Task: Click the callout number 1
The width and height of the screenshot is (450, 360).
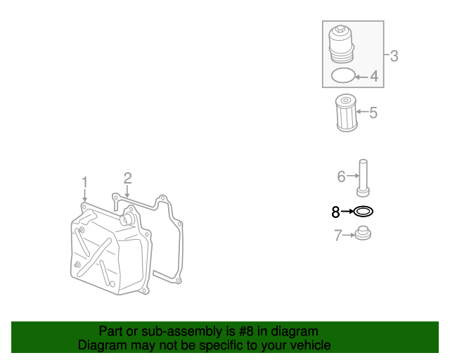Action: click(84, 182)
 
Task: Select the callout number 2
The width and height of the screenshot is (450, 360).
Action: click(128, 179)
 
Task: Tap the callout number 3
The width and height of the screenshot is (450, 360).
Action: click(394, 56)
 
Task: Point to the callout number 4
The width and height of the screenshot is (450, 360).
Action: click(374, 77)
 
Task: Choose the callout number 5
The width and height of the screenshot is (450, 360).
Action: click(373, 112)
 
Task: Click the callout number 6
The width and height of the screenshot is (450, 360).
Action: click(341, 176)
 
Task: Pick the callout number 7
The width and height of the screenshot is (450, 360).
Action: click(338, 235)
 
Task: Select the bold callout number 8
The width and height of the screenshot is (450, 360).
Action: click(335, 212)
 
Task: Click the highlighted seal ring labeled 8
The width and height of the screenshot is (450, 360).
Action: click(364, 208)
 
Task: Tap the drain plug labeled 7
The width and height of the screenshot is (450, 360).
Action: click(363, 233)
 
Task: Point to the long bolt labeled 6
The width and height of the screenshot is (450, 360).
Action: click(363, 178)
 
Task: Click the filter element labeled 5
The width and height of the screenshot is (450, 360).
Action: click(347, 112)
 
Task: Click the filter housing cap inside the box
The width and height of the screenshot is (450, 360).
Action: click(341, 44)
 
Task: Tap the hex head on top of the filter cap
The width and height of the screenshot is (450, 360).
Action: click(340, 28)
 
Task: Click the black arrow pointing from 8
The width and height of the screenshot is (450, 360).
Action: click(347, 212)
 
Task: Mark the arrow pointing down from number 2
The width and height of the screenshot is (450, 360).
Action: click(127, 191)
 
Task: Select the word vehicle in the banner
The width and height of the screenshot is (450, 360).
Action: click(313, 345)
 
